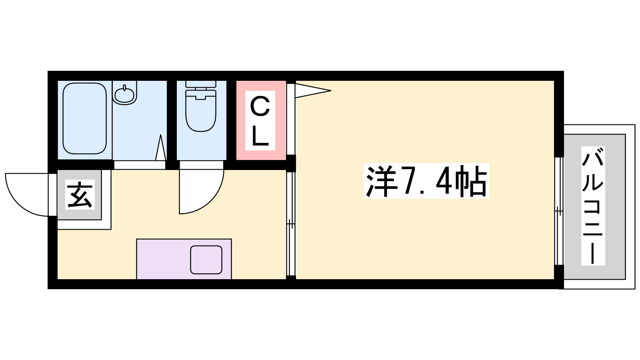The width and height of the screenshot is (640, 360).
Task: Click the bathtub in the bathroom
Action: pyautogui.click(x=84, y=118)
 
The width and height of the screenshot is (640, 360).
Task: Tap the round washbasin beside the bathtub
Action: pyautogui.click(x=124, y=94)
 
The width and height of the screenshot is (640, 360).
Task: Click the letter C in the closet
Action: pyautogui.click(x=260, y=106)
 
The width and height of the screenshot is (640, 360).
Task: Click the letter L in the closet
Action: pyautogui.click(x=260, y=136)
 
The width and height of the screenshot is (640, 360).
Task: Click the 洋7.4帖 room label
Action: pyautogui.click(x=426, y=181)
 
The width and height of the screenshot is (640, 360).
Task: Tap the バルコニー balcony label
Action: pyautogui.click(x=593, y=206)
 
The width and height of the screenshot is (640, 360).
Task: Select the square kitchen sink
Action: pyautogui.click(x=206, y=260)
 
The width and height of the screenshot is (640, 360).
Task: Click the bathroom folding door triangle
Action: pyautogui.click(x=160, y=148)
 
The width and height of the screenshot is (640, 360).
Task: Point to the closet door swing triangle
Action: pyautogui.click(x=313, y=90)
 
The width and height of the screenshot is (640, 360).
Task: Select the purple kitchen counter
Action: pyautogui.click(x=184, y=259)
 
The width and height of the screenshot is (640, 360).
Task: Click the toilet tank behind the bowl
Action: pyautogui.click(x=201, y=84)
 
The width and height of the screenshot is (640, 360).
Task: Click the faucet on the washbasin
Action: pyautogui.click(x=124, y=87)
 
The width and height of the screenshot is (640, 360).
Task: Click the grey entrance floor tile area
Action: pyautogui.click(x=80, y=195)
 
